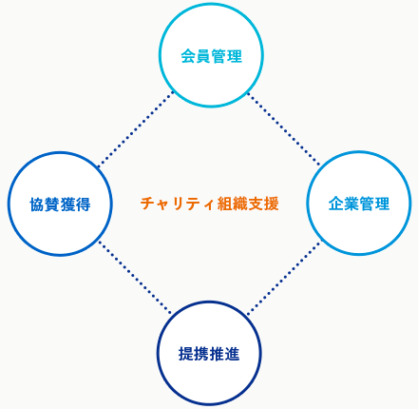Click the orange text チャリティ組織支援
coord(210,204)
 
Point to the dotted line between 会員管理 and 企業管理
coord(284,128)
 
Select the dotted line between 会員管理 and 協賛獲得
coord(136,129)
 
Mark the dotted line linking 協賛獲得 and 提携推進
coord(135,278)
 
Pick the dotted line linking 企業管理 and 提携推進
coord(284,278)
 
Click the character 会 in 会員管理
coord(188,56)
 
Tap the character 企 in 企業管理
coord(336,204)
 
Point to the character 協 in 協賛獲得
coord(37,204)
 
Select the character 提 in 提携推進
coord(186,354)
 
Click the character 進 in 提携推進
coord(232,354)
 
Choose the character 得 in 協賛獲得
coord(83,204)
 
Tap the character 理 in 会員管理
coord(235,56)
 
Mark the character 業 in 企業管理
coord(351,204)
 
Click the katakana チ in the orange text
coord(148,204)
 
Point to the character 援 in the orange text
coord(272,204)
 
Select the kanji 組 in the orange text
coord(225,204)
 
